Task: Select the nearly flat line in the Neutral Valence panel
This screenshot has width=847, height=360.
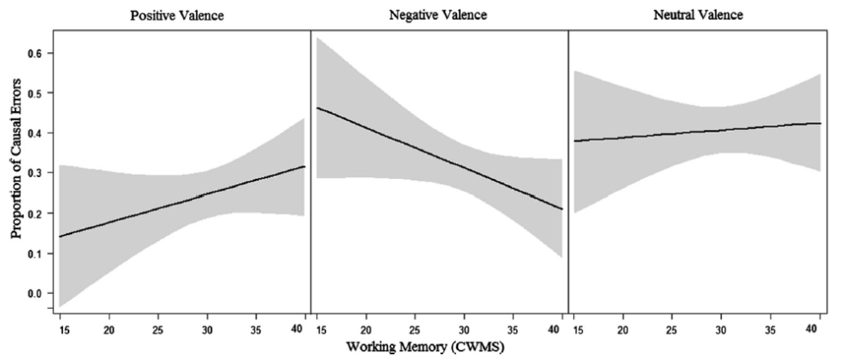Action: click(x=695, y=133)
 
